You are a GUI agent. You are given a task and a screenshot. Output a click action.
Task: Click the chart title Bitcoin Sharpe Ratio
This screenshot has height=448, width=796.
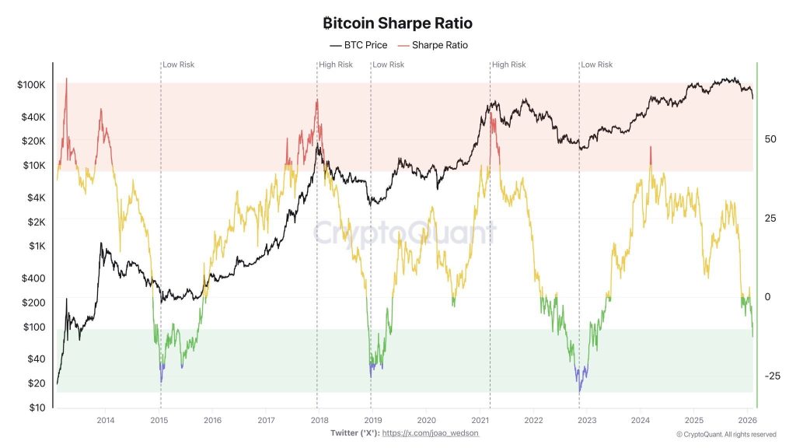(397, 23)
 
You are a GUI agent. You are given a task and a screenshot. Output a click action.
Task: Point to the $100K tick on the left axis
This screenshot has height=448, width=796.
(31, 85)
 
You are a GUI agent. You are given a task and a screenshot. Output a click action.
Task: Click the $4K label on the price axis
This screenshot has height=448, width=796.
(37, 198)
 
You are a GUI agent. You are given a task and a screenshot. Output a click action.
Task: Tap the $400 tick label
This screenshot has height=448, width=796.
(34, 278)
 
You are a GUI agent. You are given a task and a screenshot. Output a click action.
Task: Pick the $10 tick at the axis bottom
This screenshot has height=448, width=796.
(37, 408)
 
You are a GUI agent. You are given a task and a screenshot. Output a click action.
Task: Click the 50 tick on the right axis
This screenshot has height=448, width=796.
(771, 139)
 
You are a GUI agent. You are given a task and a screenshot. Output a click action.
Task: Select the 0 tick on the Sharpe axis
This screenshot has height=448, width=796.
(769, 297)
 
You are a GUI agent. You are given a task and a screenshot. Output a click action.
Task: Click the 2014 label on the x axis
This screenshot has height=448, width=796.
(106, 421)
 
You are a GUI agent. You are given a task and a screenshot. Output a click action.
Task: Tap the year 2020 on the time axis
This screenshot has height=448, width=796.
(426, 421)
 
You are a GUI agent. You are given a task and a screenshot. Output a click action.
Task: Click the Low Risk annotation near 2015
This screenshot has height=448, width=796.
(178, 65)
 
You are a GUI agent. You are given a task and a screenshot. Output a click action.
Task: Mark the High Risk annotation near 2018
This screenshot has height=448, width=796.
(336, 65)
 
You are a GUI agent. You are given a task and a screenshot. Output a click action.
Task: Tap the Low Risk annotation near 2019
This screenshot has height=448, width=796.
(389, 65)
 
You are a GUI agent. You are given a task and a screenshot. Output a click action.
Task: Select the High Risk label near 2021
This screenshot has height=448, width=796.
(509, 65)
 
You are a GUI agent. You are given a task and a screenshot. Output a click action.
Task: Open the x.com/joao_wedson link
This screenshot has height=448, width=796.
(431, 432)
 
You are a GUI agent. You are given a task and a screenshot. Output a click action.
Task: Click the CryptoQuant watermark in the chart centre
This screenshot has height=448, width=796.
(404, 232)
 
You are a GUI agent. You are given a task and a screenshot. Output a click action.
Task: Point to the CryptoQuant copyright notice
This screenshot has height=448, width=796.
(726, 434)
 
